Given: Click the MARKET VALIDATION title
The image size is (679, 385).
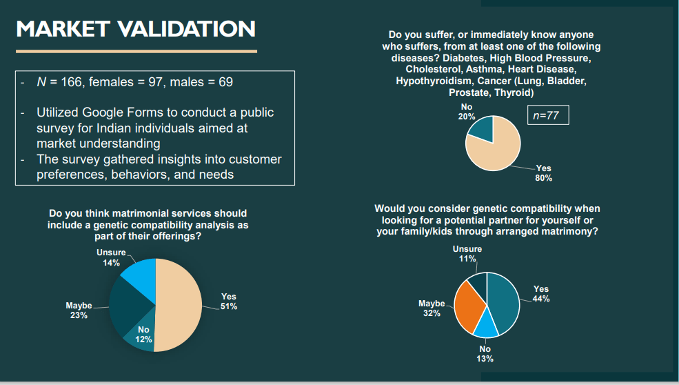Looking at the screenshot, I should pyautogui.click(x=135, y=28).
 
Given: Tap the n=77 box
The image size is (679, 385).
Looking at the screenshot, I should pyautogui.click(x=547, y=116).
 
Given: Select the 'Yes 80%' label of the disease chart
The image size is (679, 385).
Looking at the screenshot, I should pyautogui.click(x=543, y=172).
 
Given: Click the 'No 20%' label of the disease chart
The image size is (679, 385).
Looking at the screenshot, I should pyautogui.click(x=467, y=112).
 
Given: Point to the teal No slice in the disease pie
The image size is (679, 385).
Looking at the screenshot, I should pyautogui.click(x=483, y=129).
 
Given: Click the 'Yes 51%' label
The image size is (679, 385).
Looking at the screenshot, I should pyautogui.click(x=229, y=302).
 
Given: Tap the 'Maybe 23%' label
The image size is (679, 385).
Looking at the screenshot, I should pyautogui.click(x=79, y=310).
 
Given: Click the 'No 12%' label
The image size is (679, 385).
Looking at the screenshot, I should pyautogui.click(x=143, y=334).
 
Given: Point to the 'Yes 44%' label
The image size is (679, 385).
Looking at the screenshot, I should pyautogui.click(x=541, y=294).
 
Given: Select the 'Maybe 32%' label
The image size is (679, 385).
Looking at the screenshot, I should pyautogui.click(x=432, y=308).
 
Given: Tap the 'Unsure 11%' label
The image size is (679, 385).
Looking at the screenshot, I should pyautogui.click(x=467, y=254).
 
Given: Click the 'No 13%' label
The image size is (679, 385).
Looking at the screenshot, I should pyautogui.click(x=485, y=353).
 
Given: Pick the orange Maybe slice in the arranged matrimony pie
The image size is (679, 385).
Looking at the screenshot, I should pyautogui.click(x=469, y=306).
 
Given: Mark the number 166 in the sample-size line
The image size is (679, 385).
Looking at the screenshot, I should pyautogui.click(x=71, y=82).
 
